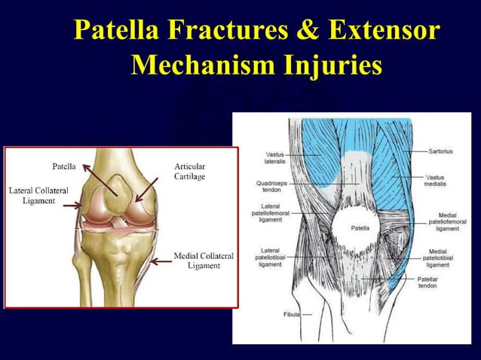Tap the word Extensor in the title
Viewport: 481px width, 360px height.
[x=384, y=31]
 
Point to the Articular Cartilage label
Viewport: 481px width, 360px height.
[x=189, y=171]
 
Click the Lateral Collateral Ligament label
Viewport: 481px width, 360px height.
[x=37, y=196]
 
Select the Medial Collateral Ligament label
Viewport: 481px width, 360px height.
[x=204, y=261]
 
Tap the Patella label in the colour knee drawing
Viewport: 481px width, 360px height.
[x=63, y=166]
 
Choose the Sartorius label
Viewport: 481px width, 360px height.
[x=440, y=151]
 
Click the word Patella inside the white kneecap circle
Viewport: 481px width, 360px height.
[x=360, y=227]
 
